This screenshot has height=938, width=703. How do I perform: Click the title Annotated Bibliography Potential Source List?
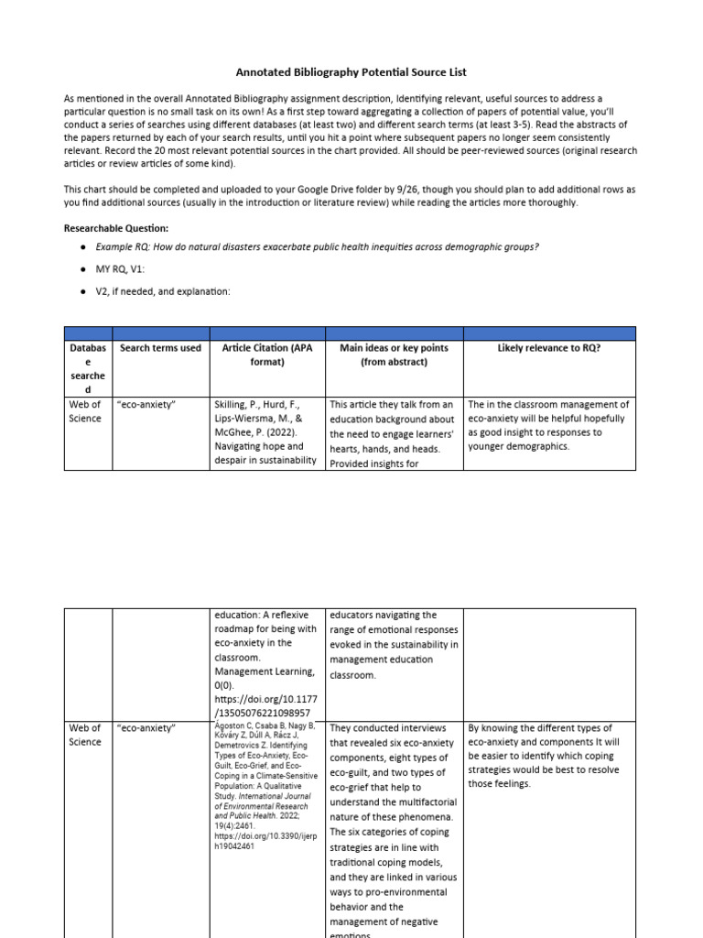pyautogui.click(x=352, y=71)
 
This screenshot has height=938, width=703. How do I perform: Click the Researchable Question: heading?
pyautogui.click(x=116, y=228)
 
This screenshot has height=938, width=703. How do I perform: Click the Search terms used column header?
pyautogui.click(x=160, y=348)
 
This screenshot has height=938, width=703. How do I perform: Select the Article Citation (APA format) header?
pyautogui.click(x=267, y=354)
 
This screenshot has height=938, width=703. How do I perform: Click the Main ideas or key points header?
pyautogui.click(x=394, y=354)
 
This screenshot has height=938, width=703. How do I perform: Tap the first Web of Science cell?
pyautogui.click(x=85, y=411)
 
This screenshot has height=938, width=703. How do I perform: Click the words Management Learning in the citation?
pyautogui.click(x=264, y=672)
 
